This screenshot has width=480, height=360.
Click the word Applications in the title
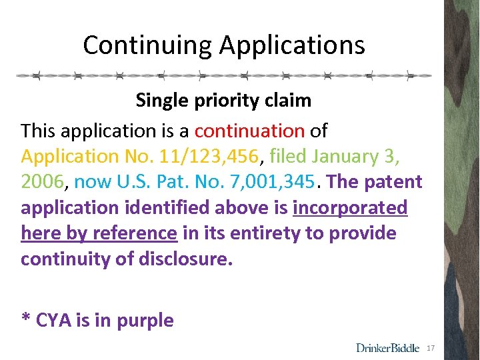292,45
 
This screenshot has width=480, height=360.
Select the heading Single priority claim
223,101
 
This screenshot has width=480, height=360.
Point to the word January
345,156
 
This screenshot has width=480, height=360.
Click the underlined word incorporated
350,208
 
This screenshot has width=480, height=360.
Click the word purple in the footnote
145,321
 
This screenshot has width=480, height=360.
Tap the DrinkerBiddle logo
387,347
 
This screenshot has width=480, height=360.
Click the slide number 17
431,348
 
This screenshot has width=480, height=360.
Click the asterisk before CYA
26,317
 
